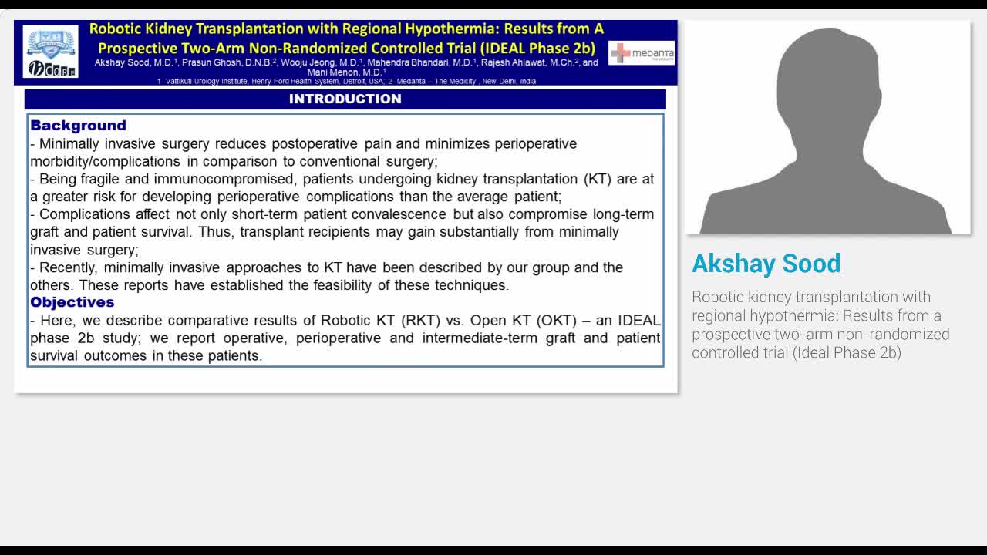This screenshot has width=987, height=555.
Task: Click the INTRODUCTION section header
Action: (x=345, y=99)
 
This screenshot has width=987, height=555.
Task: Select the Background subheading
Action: (x=78, y=125)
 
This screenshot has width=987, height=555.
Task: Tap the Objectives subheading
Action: (x=72, y=302)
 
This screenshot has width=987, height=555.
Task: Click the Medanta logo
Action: (x=642, y=53)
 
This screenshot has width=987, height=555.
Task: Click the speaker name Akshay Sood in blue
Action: (x=766, y=264)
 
